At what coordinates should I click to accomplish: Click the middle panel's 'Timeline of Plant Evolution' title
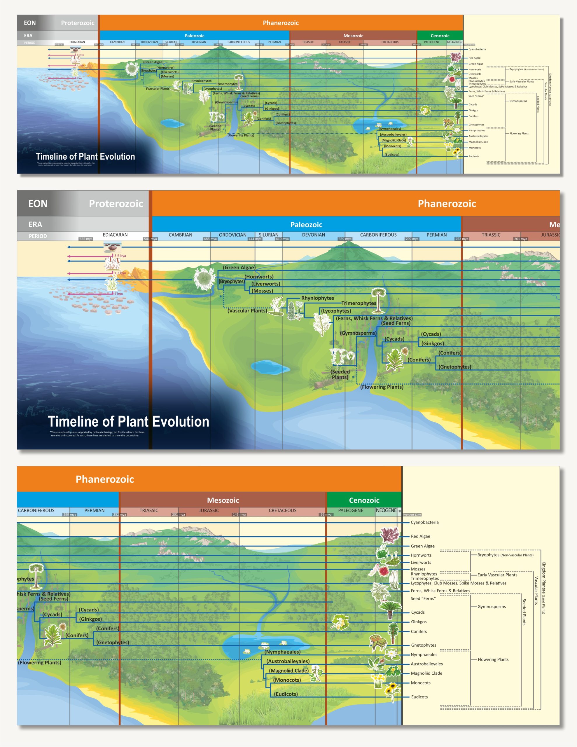click(128, 421)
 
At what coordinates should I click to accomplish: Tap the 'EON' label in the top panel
click(30, 23)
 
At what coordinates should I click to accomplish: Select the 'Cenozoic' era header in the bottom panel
click(364, 500)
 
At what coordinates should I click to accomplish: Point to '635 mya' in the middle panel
click(85, 239)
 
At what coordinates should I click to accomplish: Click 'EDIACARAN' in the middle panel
click(115, 235)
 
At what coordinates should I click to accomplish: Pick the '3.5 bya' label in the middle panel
click(120, 256)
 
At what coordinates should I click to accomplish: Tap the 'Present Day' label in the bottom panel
click(412, 515)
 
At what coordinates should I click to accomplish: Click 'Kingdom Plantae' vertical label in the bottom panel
click(543, 588)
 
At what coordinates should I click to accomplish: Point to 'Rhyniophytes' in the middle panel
click(317, 298)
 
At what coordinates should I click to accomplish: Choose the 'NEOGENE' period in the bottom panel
click(386, 510)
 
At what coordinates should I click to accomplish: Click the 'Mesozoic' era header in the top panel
click(353, 36)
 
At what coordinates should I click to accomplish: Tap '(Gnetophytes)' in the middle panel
click(454, 367)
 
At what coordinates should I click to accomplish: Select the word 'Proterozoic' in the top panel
click(78, 23)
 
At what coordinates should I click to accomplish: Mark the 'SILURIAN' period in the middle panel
click(268, 235)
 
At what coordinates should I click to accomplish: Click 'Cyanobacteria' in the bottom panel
click(424, 522)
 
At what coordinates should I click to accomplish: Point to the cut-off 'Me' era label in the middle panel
click(554, 224)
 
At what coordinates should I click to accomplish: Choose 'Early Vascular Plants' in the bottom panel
click(497, 575)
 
